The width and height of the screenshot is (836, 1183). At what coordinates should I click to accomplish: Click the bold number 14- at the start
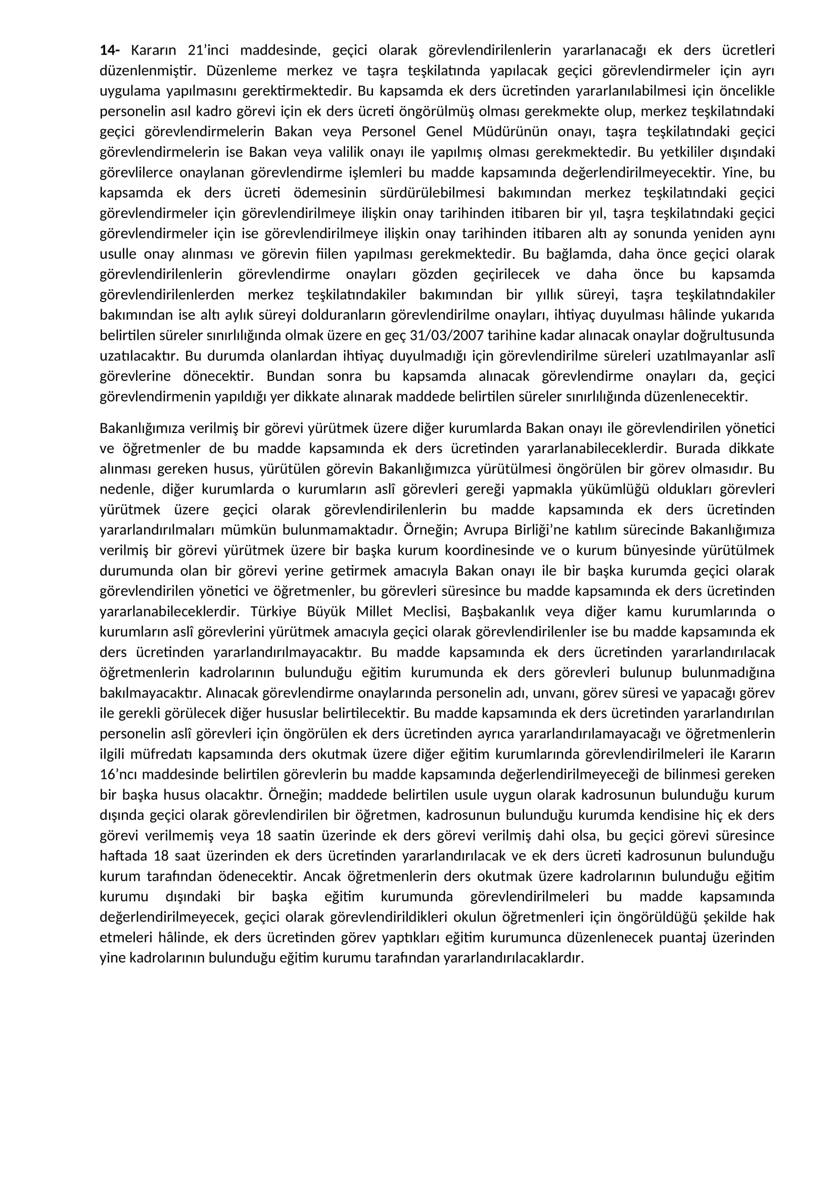[x=109, y=51]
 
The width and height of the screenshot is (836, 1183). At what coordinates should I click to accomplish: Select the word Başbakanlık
[x=498, y=611]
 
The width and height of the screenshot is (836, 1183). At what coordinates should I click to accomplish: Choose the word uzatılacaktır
[x=138, y=356]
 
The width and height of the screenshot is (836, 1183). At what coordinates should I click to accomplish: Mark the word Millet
[x=375, y=611]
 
